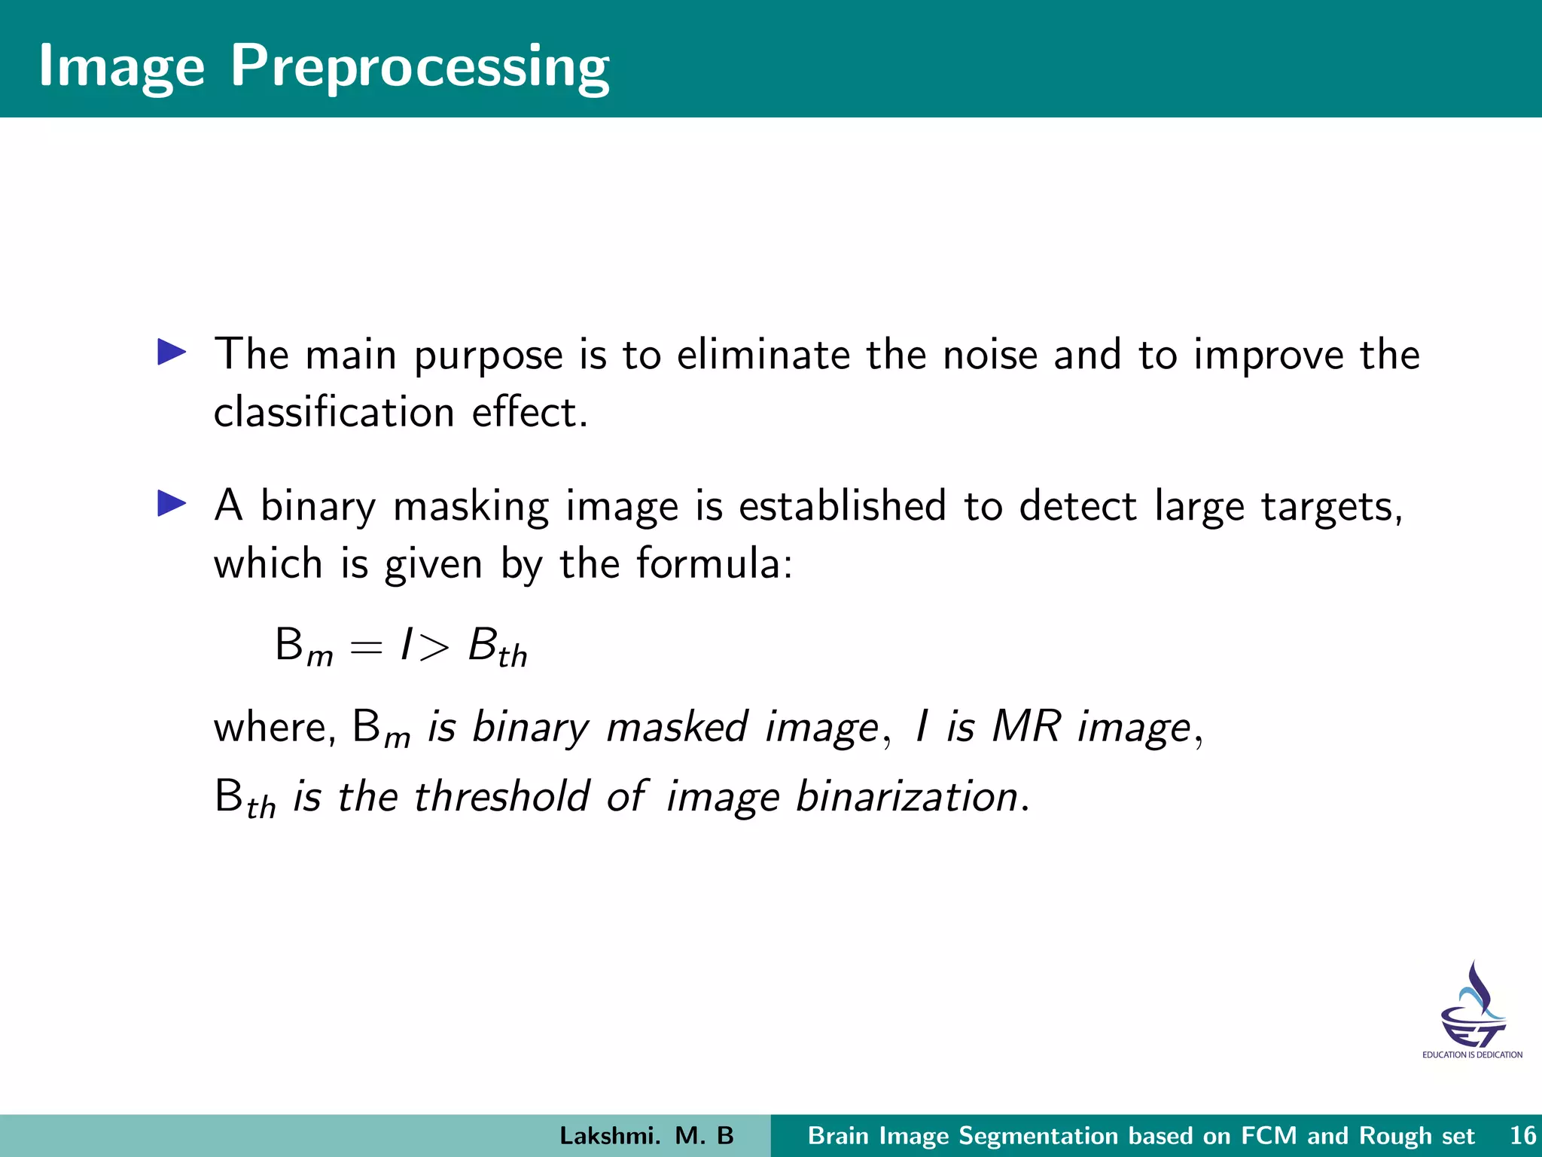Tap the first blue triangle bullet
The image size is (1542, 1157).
point(172,353)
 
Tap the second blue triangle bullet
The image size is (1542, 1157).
point(172,503)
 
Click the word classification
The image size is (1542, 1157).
point(334,412)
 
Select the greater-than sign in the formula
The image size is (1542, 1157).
point(434,647)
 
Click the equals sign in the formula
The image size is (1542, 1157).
point(366,647)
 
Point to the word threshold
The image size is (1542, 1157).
point(501,796)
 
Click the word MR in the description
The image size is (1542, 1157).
point(1026,727)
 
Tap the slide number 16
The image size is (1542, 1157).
point(1522,1136)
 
